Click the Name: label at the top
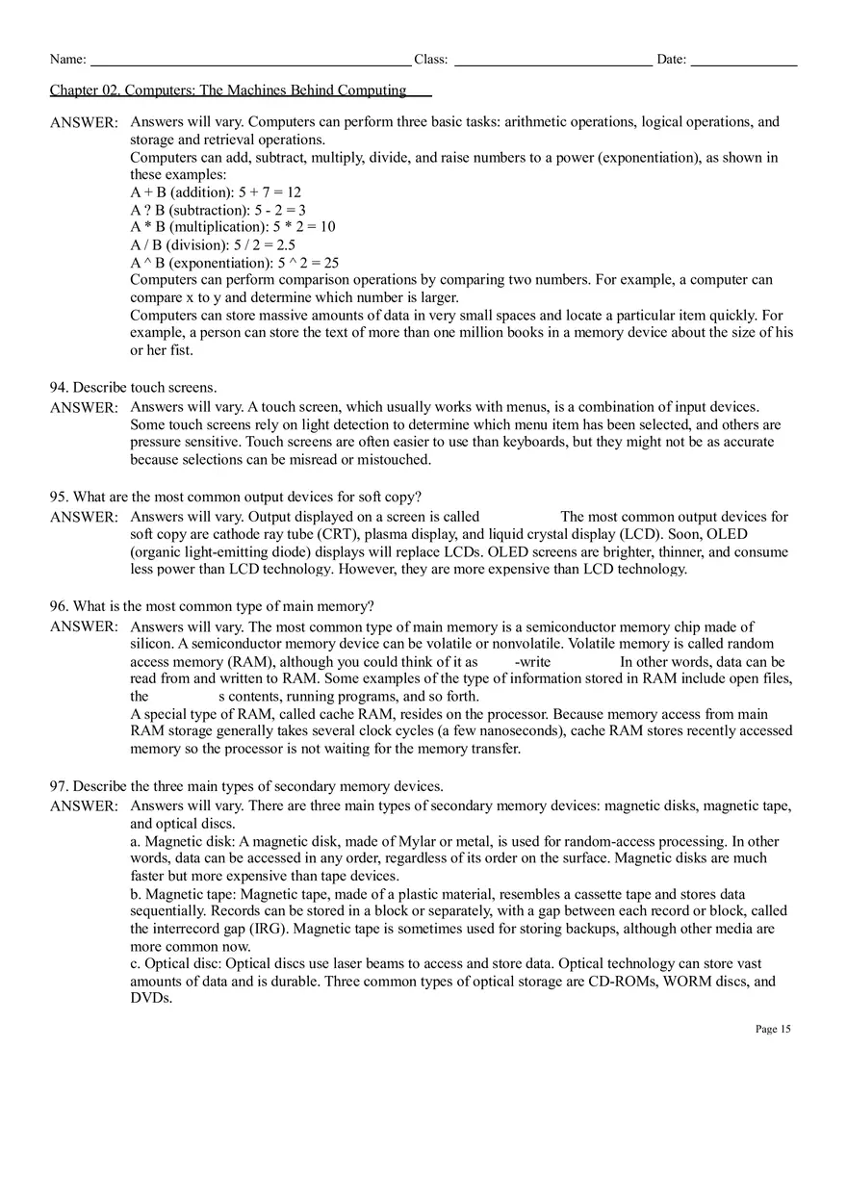pyautogui.click(x=67, y=60)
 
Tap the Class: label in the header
pyautogui.click(x=430, y=60)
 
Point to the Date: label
pyautogui.click(x=671, y=60)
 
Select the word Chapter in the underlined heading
pyautogui.click(x=74, y=90)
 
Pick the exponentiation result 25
pyautogui.click(x=330, y=263)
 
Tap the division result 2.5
pyautogui.click(x=285, y=245)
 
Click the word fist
pyautogui.click(x=178, y=350)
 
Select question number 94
pyautogui.click(x=58, y=388)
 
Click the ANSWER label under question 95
pyautogui.click(x=84, y=518)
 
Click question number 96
pyautogui.click(x=58, y=606)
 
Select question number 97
pyautogui.click(x=58, y=786)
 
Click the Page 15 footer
pyautogui.click(x=773, y=1029)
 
